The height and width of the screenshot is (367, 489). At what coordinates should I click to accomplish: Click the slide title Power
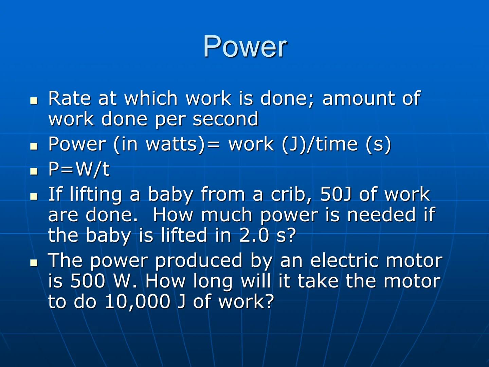tap(245, 47)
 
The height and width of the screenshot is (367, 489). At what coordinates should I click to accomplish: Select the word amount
tap(358, 99)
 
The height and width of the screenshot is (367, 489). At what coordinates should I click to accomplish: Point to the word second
tap(225, 119)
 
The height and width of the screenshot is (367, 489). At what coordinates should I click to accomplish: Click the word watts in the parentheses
tap(171, 144)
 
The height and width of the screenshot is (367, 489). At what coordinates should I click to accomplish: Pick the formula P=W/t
tap(79, 169)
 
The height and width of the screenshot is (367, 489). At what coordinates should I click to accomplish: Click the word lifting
tap(95, 195)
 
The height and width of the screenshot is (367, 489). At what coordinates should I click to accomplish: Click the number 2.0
tap(254, 235)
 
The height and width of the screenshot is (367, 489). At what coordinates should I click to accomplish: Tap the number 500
tap(87, 281)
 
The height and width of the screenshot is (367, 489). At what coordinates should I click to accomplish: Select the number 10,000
tap(137, 302)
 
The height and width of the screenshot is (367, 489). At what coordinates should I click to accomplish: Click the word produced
tap(199, 261)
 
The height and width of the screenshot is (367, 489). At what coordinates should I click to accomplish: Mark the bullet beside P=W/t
tap(33, 171)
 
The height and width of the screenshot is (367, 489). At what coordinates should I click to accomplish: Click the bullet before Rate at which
tap(33, 100)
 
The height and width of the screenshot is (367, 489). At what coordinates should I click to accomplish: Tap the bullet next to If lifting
tap(33, 196)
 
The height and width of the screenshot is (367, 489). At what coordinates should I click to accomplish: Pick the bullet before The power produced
tap(33, 262)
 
